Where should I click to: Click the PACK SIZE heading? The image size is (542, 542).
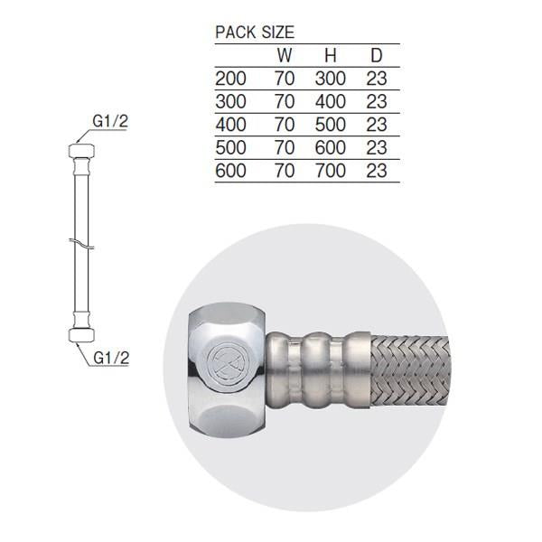pos(255,33)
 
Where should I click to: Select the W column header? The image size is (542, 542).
pos(285,56)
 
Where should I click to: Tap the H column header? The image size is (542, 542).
pos(331,56)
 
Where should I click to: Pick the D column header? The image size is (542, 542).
pos(377,56)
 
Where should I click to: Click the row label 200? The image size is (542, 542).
pos(230,79)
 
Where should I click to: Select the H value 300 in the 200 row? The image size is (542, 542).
pos(331,79)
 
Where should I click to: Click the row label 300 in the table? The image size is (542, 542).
pos(230,101)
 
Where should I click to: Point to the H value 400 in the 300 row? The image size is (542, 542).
pos(331,101)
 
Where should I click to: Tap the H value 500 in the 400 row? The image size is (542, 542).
pos(331,125)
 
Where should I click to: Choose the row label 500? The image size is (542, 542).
pos(230,148)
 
